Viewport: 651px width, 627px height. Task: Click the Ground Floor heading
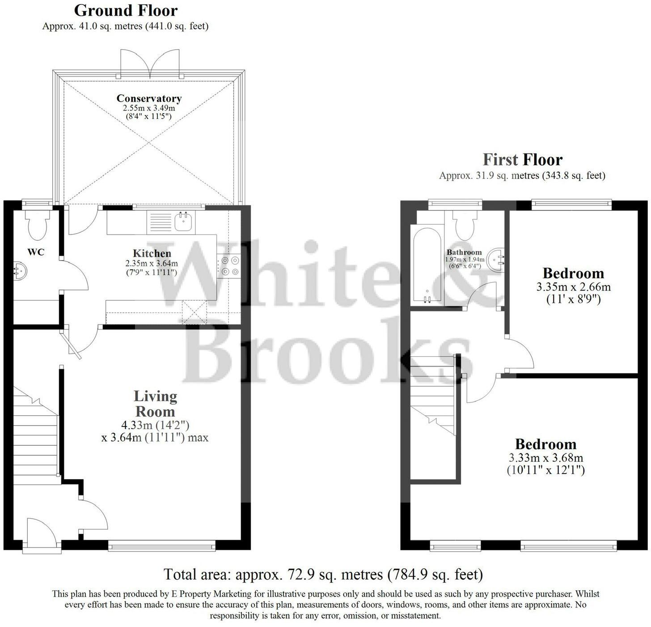126,10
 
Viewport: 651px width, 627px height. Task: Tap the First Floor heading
522,160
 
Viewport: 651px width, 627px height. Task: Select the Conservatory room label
149,98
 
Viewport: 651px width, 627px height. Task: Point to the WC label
36,252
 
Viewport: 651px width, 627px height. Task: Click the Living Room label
155,404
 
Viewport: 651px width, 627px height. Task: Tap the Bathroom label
464,252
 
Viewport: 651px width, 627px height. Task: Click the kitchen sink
184,222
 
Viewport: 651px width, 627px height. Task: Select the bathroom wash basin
497,260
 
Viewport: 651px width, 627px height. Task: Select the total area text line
323,574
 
